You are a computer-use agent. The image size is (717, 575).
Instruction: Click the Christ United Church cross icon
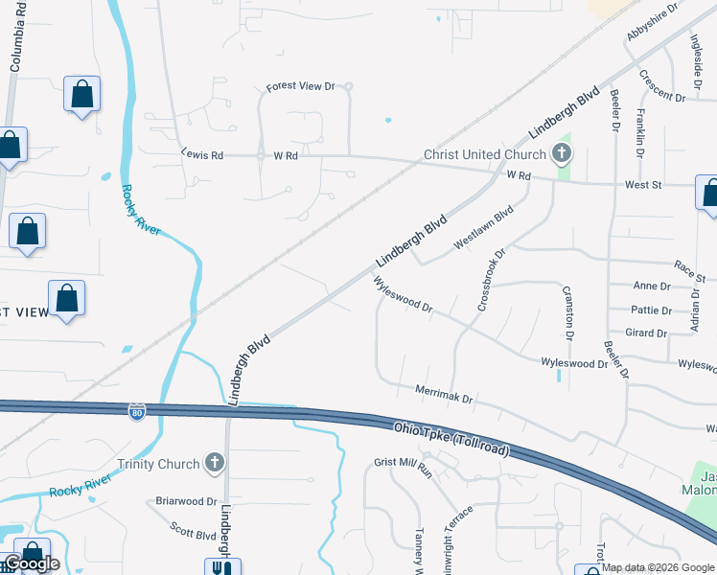click(561, 153)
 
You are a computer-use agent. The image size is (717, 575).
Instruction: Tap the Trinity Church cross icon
click(214, 465)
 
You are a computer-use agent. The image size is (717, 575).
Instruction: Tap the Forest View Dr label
click(300, 86)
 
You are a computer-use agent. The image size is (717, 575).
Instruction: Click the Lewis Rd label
click(202, 154)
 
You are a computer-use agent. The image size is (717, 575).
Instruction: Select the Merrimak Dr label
click(445, 392)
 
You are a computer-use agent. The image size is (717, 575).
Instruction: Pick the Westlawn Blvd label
click(484, 230)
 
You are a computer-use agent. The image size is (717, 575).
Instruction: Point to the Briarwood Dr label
click(186, 501)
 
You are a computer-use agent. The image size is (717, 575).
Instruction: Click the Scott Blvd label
click(193, 529)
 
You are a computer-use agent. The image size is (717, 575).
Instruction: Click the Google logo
click(31, 564)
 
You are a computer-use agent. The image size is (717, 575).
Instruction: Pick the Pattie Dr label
click(651, 310)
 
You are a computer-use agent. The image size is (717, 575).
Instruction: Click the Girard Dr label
click(646, 333)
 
